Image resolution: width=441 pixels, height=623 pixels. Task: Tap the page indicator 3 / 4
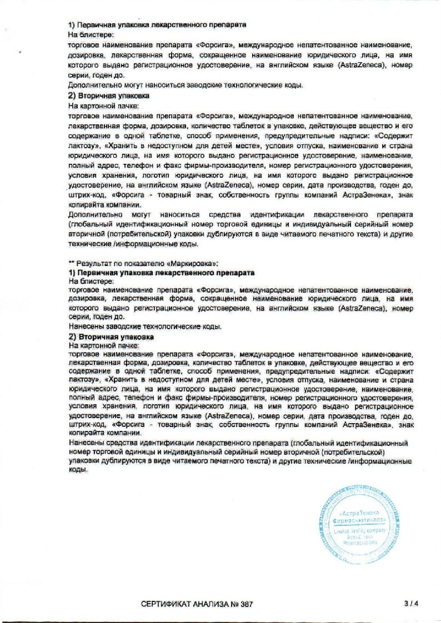point(411,603)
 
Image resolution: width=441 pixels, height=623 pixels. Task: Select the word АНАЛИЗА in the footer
point(209,604)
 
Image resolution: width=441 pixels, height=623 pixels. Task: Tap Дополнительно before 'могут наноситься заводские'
point(91,85)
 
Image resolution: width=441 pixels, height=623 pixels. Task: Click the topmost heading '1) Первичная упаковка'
point(157,25)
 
